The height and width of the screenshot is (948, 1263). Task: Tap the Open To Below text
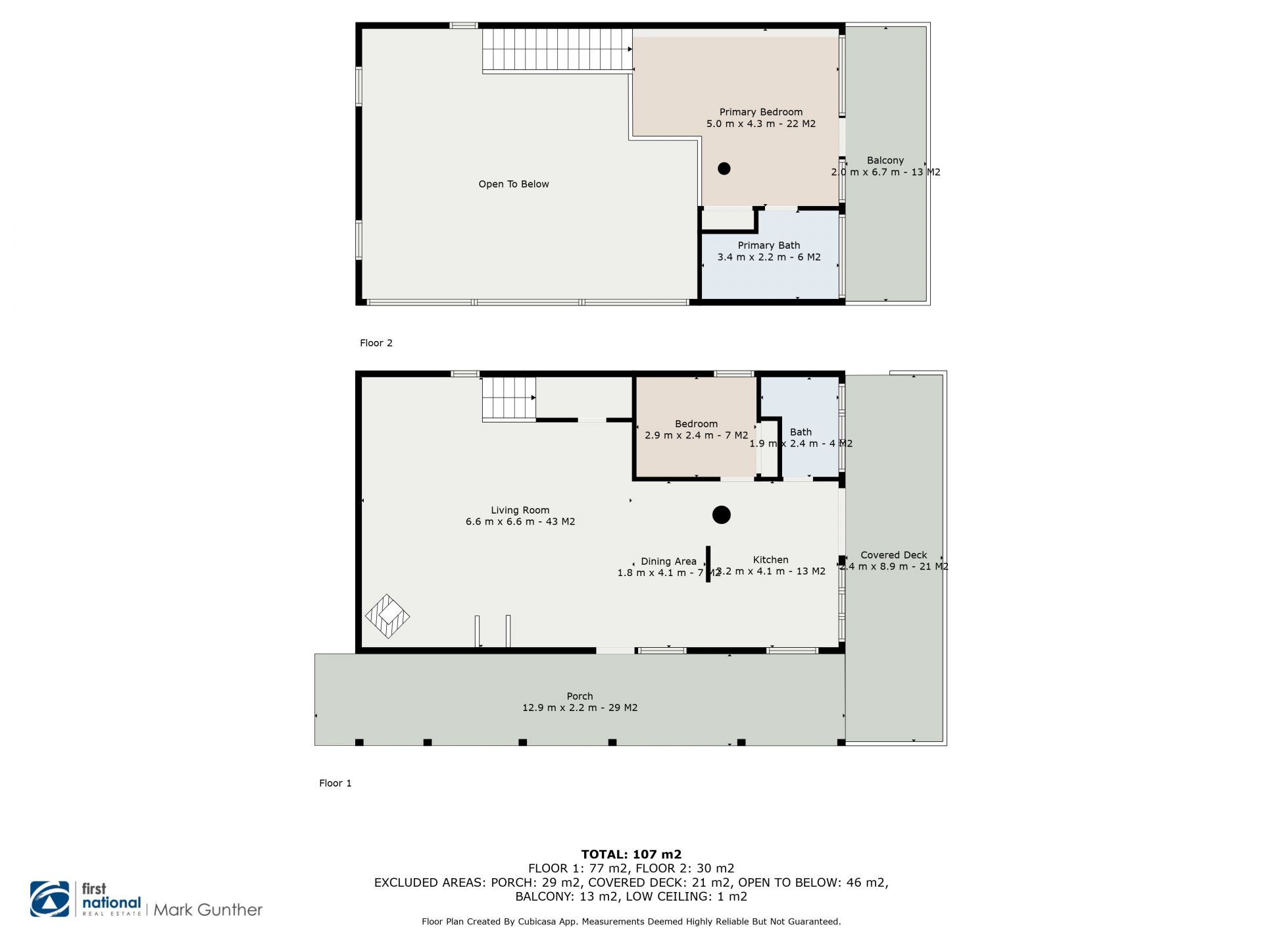tap(514, 184)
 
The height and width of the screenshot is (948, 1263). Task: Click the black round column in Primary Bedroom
tap(724, 169)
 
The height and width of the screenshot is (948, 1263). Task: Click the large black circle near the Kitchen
tap(722, 515)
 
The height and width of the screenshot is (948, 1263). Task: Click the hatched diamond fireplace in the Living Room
tap(387, 616)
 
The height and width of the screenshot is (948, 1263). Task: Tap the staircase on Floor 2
tap(557, 51)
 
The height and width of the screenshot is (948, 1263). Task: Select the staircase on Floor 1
tap(509, 399)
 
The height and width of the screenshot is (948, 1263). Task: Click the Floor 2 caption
tap(376, 343)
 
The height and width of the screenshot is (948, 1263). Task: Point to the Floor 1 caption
tap(335, 783)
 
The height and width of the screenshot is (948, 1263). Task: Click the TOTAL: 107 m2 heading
tap(631, 855)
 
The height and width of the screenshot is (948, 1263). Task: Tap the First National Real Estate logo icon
tap(49, 899)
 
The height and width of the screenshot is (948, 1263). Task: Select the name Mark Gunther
tap(208, 910)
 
